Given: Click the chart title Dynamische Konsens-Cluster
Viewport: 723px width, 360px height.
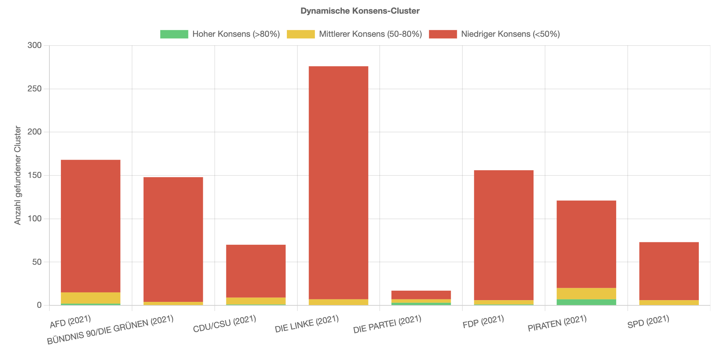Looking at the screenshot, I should coord(360,11).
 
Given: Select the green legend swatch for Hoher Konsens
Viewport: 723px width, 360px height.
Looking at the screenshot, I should coord(174,34).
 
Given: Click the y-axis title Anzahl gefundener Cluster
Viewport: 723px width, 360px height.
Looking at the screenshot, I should coord(18,175).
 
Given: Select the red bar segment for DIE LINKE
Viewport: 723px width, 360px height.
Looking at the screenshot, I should coord(338,182).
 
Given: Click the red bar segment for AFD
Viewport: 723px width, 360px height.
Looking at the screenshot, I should coord(90,226).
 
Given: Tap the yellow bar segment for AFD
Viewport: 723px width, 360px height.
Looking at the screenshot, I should coord(90,298).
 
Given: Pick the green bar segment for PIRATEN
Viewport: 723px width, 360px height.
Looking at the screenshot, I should coord(586,302).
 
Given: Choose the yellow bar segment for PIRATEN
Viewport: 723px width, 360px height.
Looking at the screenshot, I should coord(586,293).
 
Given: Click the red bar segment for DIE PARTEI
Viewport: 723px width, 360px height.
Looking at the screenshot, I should coord(421,295).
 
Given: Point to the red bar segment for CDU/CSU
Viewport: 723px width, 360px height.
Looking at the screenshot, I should coord(256,271).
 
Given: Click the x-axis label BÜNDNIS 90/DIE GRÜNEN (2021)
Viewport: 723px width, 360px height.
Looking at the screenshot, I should coord(110,330).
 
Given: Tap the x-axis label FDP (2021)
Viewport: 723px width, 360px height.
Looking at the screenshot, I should coord(483,321).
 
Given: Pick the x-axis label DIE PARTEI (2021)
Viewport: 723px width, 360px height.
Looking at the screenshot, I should coord(387,324).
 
